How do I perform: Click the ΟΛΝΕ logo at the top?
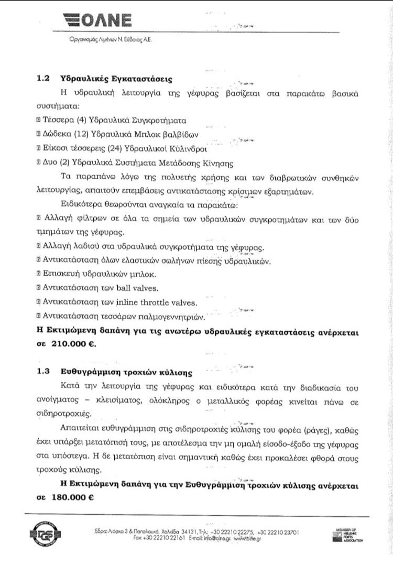96,20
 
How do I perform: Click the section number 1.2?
43,79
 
